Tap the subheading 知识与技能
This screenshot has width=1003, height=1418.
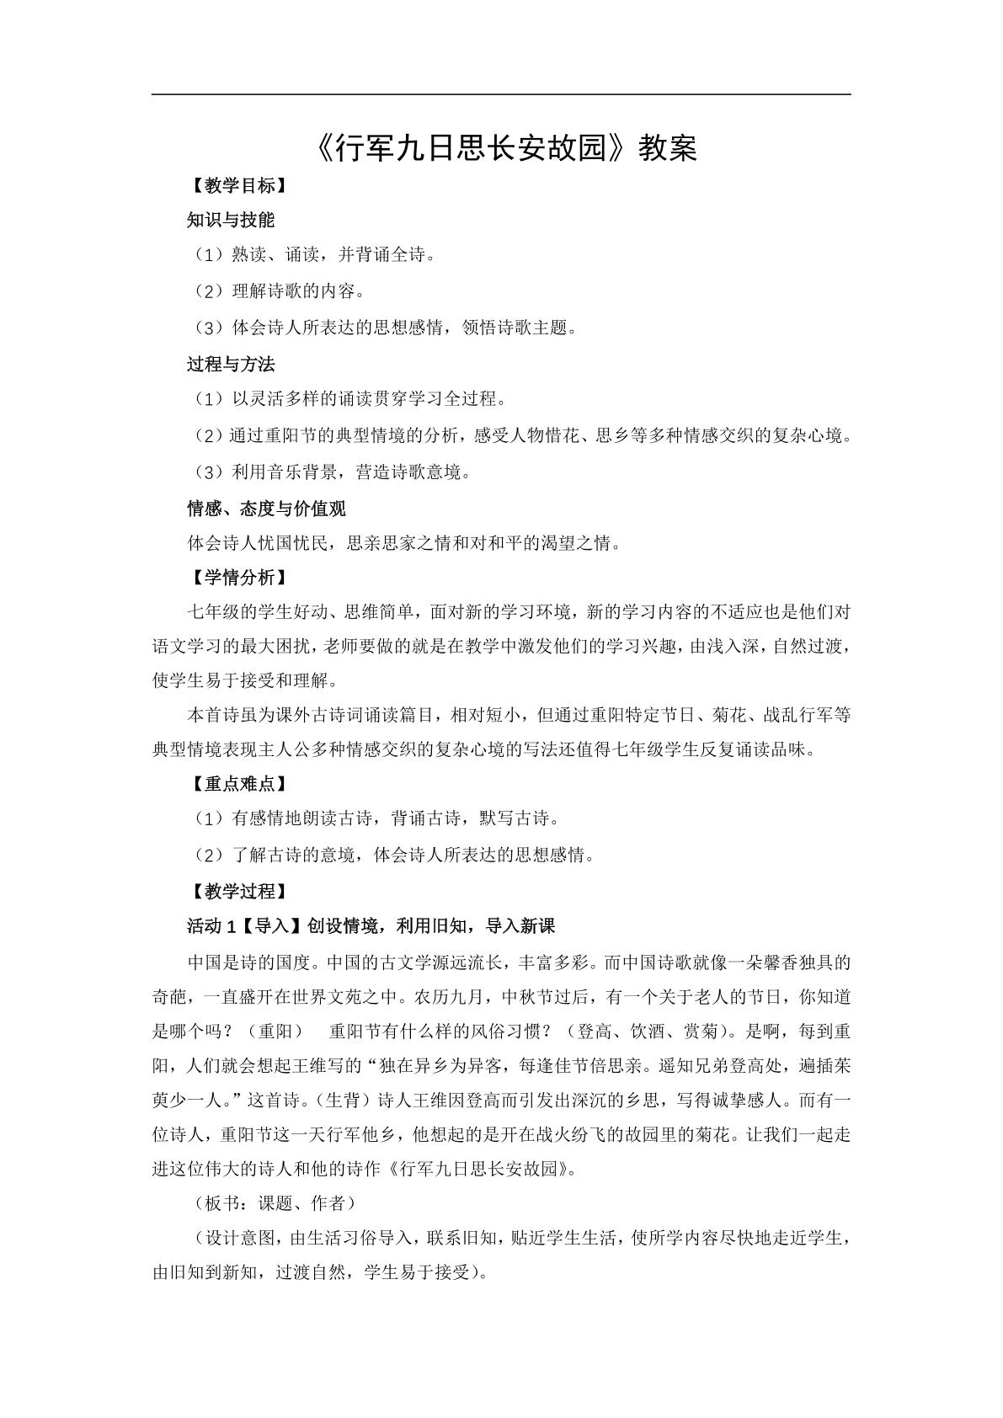pyautogui.click(x=231, y=221)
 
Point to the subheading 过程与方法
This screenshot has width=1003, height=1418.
pyautogui.click(x=231, y=365)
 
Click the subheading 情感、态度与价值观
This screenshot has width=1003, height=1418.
pyautogui.click(x=266, y=509)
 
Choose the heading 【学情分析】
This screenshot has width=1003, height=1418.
pyautogui.click(x=237, y=578)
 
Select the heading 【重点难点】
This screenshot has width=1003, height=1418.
pyautogui.click(x=237, y=784)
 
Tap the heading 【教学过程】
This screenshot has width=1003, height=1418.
pyautogui.click(x=237, y=891)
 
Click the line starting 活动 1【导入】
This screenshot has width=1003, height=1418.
pyautogui.click(x=371, y=926)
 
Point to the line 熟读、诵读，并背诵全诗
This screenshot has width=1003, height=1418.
pyautogui.click(x=312, y=254)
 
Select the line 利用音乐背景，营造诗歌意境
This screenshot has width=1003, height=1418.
pyautogui.click(x=329, y=472)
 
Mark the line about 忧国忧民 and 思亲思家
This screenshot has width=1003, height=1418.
pyautogui.click(x=405, y=543)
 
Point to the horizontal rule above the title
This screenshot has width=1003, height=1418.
pyautogui.click(x=501, y=94)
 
